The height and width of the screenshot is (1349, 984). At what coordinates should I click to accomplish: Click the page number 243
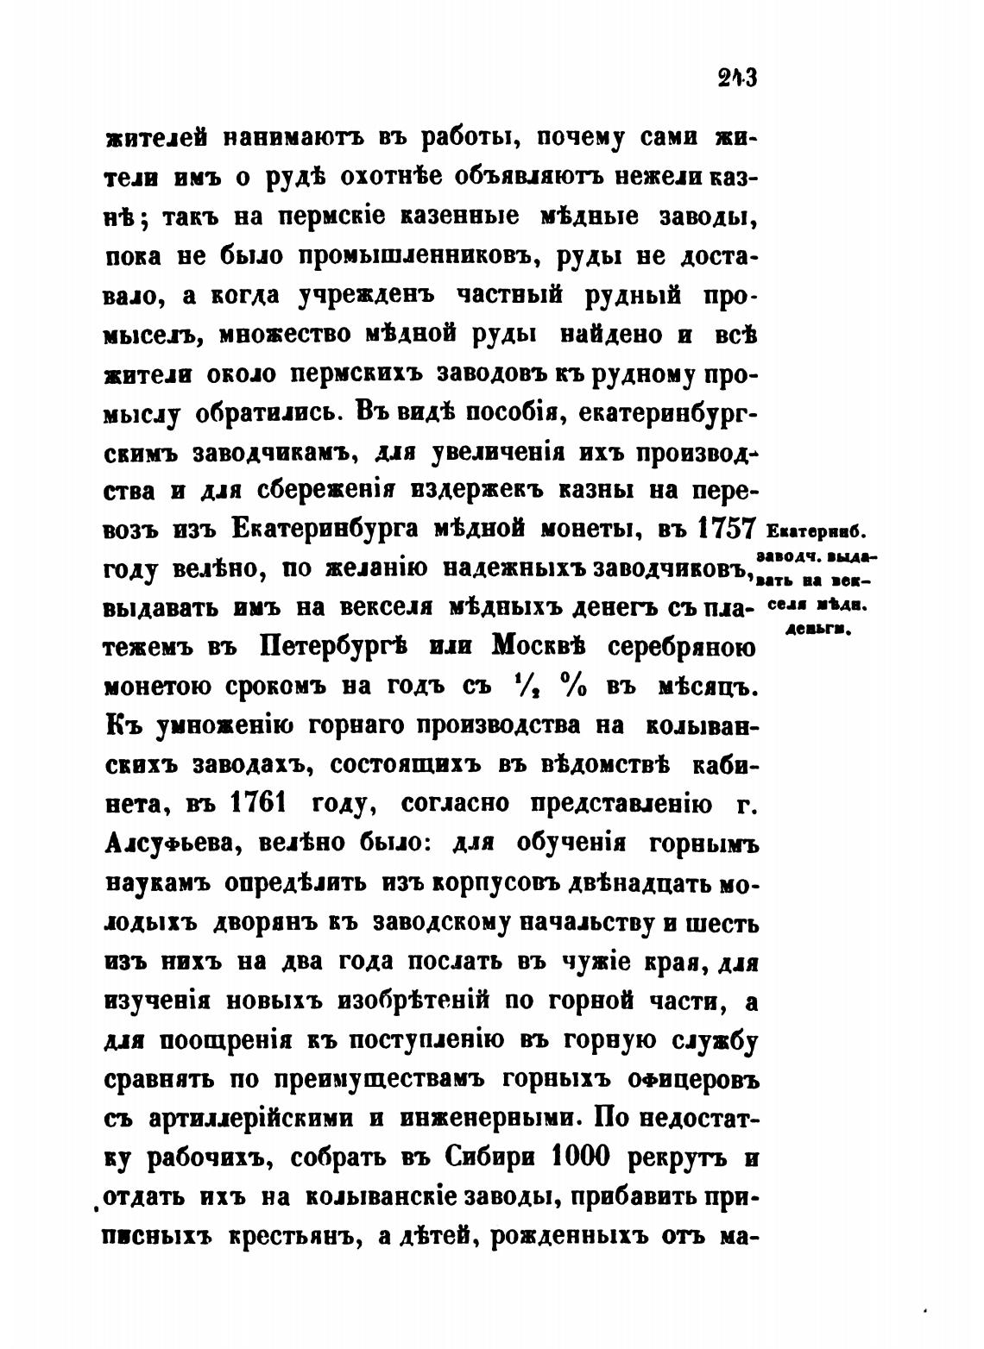735,78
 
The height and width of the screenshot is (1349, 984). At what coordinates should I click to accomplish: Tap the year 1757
726,528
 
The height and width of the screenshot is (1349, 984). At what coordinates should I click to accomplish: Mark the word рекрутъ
675,1158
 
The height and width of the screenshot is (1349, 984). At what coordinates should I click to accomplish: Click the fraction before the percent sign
520,687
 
